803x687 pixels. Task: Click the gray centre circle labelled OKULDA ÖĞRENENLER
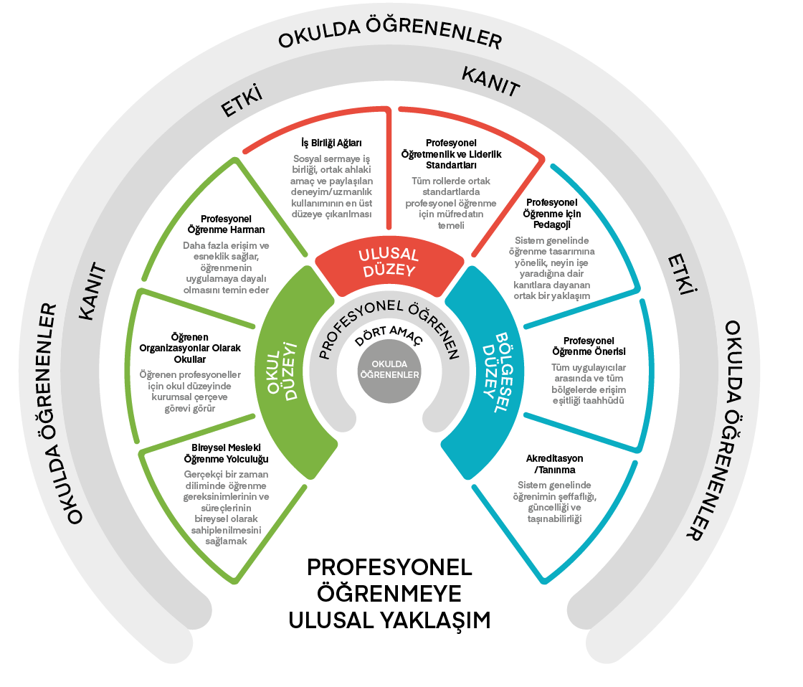[389, 369]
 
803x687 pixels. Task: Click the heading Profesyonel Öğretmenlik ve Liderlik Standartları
[452, 153]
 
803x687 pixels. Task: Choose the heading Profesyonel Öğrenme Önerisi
[589, 346]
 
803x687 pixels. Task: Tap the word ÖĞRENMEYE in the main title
[389, 593]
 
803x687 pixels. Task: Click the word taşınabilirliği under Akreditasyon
[553, 518]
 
